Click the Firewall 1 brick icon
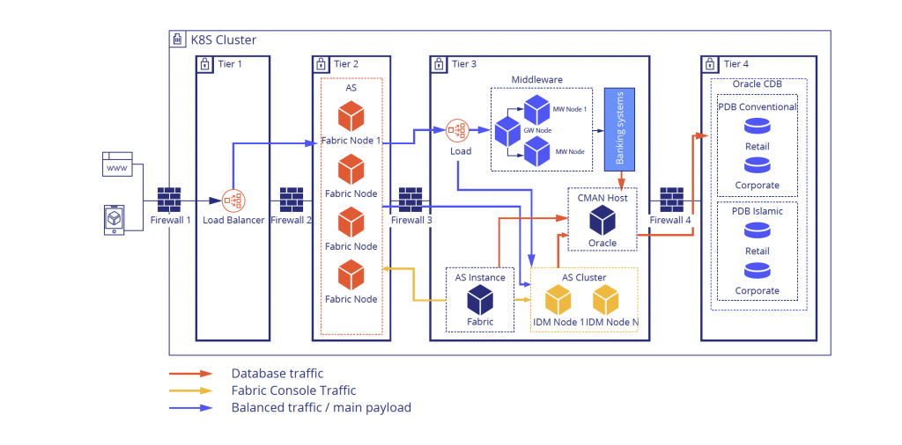pos(170,200)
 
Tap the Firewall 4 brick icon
pos(672,200)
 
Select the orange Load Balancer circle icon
pos(233,201)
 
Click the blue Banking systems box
pos(620,128)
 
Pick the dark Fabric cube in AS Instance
pos(480,300)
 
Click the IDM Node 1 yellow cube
pos(559,301)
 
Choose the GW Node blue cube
pos(508,131)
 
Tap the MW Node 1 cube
pos(536,110)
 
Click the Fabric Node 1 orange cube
pos(351,117)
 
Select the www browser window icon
pos(117,164)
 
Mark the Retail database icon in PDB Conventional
pos(757,127)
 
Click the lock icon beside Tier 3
pos(440,64)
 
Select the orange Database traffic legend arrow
pos(191,374)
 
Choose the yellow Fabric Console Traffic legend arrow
pos(191,390)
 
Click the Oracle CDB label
pos(758,84)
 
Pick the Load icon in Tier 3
pos(457,131)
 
